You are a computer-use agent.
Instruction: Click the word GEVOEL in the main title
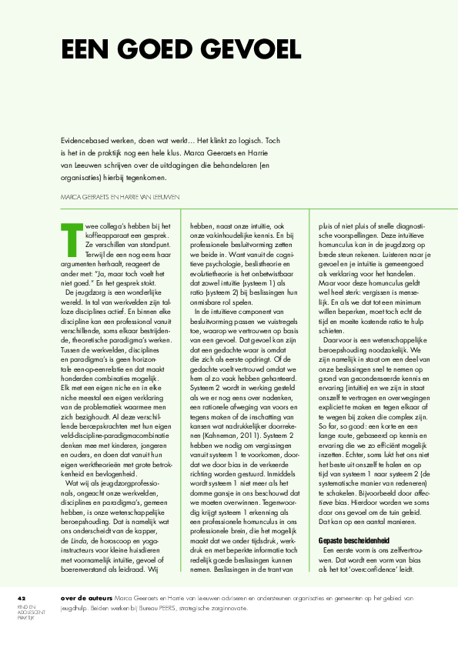[x=252, y=50]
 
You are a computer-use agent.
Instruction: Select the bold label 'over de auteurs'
[x=83, y=599]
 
